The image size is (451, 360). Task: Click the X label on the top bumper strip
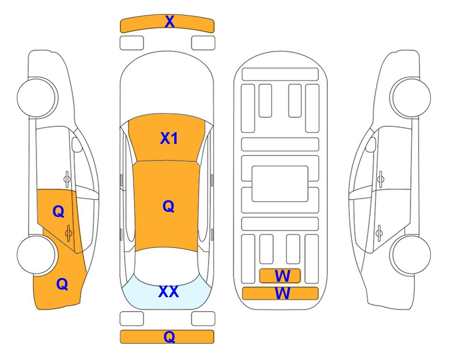(170, 21)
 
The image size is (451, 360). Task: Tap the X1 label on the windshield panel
(169, 138)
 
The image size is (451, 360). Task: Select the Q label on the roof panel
(169, 207)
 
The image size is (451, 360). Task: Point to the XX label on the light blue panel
(169, 292)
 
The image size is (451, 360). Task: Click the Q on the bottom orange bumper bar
(170, 337)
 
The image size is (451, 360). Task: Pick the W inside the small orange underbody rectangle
(282, 276)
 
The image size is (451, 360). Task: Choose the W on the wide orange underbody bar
(282, 293)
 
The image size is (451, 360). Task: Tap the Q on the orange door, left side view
(59, 212)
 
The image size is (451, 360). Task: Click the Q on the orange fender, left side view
(62, 284)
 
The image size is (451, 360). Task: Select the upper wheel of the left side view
(37, 97)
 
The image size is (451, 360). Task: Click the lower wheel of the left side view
(36, 255)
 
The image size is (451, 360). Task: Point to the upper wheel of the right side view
(410, 97)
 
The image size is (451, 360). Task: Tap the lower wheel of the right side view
(410, 255)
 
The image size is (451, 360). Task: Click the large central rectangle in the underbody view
(280, 184)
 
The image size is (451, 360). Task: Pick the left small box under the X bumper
(132, 43)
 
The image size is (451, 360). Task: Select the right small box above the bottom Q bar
(203, 319)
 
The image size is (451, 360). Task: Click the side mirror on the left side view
(76, 144)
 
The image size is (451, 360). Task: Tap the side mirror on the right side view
(371, 144)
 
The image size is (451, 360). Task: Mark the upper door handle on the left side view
(67, 179)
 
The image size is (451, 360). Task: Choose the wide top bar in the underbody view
(280, 75)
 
